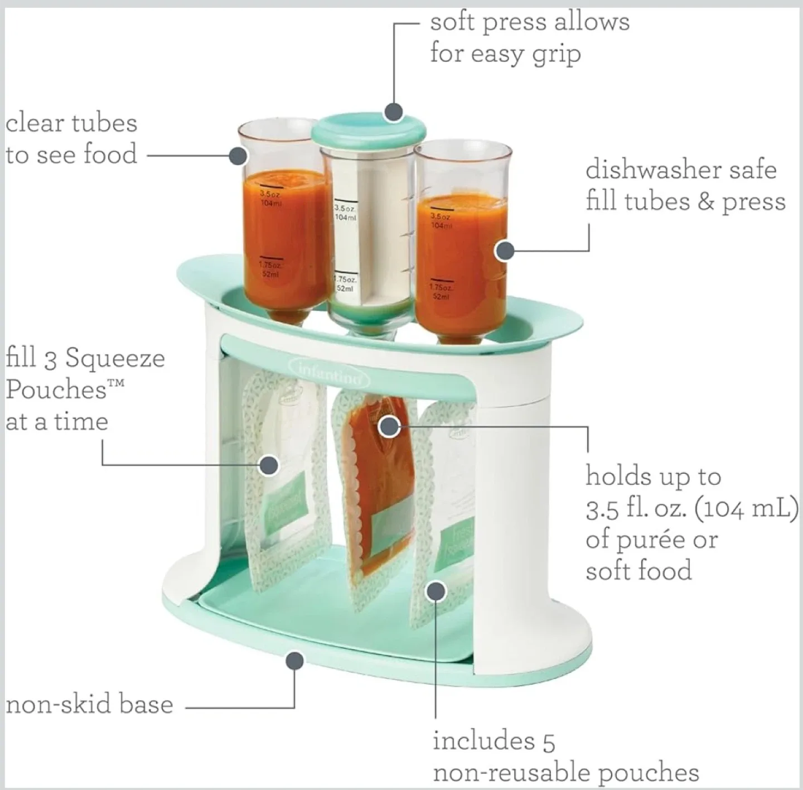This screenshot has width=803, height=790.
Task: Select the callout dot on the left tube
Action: click(238, 155)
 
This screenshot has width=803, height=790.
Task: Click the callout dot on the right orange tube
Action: click(505, 251)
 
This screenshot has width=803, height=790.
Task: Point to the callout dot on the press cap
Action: click(394, 111)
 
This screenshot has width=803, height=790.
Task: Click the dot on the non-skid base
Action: click(294, 661)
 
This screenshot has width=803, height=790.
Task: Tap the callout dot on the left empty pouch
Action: click(269, 464)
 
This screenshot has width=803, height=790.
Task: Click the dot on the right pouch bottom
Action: click(436, 591)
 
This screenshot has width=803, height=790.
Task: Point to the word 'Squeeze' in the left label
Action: click(115, 358)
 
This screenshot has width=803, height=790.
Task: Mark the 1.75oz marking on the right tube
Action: click(441, 291)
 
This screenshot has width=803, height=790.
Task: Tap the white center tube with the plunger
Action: click(368, 240)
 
